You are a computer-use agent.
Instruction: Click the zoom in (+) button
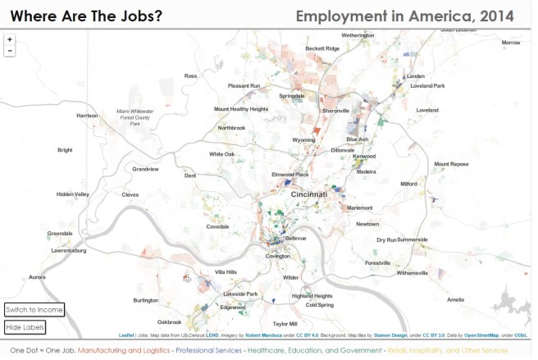pos(9,39)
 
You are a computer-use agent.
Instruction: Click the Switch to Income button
pos(34,309)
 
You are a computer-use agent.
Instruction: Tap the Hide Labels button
pos(25,327)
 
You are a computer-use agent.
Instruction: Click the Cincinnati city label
pos(308,194)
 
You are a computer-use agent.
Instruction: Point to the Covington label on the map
pos(277,256)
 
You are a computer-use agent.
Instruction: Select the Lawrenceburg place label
pos(69,250)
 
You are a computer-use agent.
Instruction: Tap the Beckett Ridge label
pos(321,48)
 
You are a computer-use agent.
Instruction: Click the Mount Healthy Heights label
pos(241,109)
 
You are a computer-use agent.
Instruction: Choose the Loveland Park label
pos(427,85)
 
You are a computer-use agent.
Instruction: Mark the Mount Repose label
pos(451,164)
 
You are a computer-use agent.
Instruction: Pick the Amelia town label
pos(455,299)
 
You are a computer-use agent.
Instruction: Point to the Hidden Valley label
pos(72,194)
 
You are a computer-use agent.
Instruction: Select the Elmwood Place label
pos(290,175)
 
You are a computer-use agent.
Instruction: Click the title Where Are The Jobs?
pos(85,16)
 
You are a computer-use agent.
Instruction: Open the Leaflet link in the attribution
pos(126,335)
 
